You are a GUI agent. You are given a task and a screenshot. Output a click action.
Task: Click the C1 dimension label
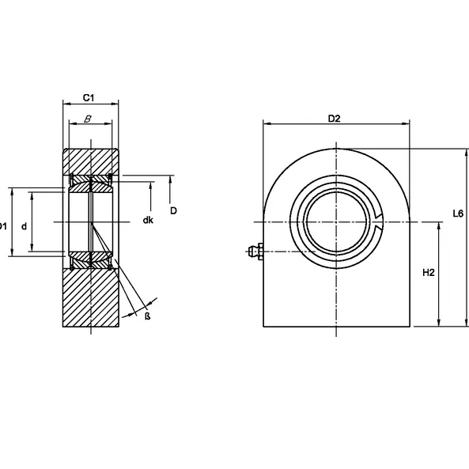(89, 97)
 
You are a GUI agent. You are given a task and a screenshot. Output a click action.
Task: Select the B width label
(89, 120)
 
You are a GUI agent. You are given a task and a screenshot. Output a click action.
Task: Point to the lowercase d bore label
(25, 226)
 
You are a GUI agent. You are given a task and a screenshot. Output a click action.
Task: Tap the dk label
(148, 219)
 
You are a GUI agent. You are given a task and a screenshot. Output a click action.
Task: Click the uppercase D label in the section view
(172, 210)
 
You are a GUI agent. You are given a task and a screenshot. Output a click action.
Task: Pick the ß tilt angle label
(147, 316)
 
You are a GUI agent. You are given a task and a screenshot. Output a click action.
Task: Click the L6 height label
(457, 214)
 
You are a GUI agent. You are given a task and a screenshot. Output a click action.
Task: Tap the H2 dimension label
(429, 273)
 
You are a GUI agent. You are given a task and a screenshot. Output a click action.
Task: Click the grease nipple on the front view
(253, 253)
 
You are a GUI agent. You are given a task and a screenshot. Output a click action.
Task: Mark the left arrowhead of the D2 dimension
(266, 124)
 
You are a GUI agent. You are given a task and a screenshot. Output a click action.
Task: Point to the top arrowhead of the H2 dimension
(439, 225)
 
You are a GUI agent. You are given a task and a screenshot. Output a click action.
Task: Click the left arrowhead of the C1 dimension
(65, 103)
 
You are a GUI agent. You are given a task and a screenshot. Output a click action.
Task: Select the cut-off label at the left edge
(3, 226)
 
